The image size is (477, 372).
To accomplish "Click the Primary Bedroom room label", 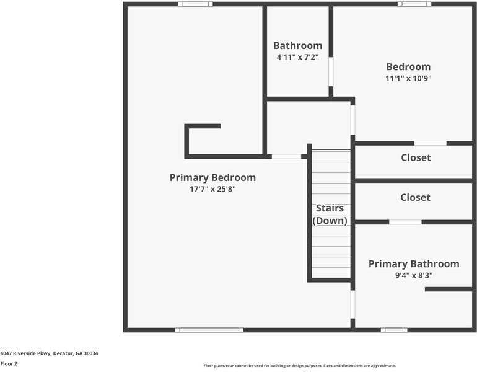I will [x=212, y=177].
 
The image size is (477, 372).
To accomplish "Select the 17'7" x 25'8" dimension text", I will [x=212, y=189].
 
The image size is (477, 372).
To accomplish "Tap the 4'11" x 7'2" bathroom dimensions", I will [x=297, y=57].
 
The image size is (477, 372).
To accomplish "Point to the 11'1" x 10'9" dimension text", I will [x=408, y=78].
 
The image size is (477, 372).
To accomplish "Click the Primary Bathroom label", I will [x=414, y=264].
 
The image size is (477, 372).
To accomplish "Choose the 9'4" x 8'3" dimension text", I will [x=414, y=276].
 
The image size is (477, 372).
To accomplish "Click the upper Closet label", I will [x=415, y=157].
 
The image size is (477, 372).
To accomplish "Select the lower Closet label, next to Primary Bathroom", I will [x=415, y=197].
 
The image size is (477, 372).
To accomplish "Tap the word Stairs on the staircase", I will [x=330, y=208].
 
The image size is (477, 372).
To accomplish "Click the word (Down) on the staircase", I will [x=330, y=220].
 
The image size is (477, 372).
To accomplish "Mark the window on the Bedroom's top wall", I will [x=414, y=4].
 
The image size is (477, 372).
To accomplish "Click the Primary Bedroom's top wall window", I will [x=195, y=4].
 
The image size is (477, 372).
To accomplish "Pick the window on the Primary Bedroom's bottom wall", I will [x=209, y=330].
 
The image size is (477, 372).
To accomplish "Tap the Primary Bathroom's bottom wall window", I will [x=394, y=330].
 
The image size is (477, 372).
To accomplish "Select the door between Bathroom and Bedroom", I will [x=331, y=71].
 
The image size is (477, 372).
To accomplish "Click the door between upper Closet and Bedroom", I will [x=430, y=143].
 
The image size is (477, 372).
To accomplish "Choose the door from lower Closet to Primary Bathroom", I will [x=405, y=222].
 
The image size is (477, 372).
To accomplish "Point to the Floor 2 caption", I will [x=9, y=364].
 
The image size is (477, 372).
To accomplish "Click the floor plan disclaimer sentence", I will [x=300, y=366].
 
